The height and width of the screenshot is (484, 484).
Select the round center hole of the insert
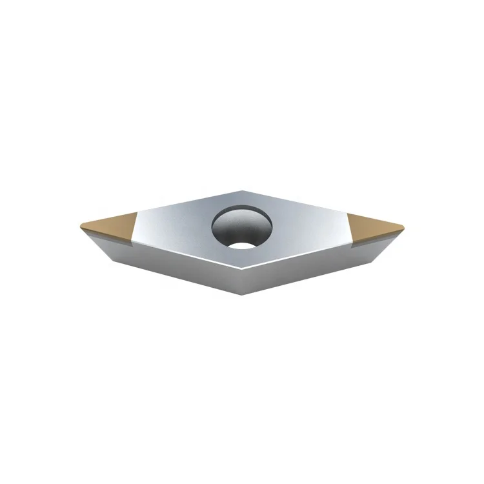pyautogui.click(x=242, y=228)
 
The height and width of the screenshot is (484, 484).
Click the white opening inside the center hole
pyautogui.click(x=243, y=244)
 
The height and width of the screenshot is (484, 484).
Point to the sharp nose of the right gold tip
pyautogui.click(x=405, y=227)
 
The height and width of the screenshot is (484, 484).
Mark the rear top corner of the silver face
pyautogui.click(x=242, y=190)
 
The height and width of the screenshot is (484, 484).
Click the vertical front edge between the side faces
pyautogui.click(x=243, y=281)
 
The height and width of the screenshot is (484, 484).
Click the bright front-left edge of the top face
pyautogui.click(x=187, y=254)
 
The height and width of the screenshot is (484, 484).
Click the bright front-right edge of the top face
pyautogui.click(x=300, y=254)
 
